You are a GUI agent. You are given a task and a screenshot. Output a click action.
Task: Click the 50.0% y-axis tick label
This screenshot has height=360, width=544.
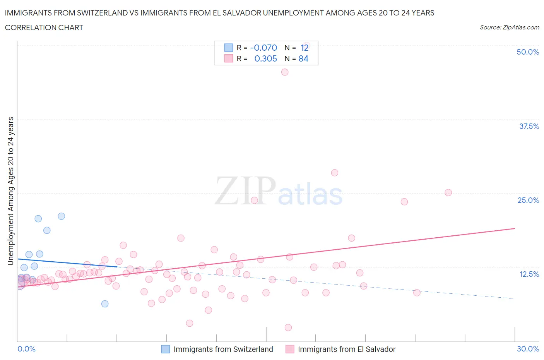point(528,52)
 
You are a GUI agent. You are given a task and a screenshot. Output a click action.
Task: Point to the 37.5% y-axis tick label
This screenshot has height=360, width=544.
point(529,126)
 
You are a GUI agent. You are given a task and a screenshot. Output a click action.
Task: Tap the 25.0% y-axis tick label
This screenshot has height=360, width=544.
point(528,200)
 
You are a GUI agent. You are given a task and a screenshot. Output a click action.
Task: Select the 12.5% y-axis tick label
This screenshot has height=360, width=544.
point(529,274)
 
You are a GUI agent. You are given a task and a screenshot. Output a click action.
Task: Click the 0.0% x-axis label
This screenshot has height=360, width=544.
point(26,349)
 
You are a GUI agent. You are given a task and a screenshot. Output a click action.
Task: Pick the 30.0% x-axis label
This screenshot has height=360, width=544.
point(528,349)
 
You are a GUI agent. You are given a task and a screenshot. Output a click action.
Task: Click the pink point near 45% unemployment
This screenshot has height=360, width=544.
point(285,72)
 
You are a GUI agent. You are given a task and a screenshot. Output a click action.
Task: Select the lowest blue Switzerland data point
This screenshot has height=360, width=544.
point(105,304)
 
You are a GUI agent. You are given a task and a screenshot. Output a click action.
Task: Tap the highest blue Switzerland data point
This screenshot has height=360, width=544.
point(61,216)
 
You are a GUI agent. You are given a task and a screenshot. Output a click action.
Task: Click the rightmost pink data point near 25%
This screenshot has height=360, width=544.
point(448,192)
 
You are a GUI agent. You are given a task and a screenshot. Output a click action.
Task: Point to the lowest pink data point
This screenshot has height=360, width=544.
point(288,327)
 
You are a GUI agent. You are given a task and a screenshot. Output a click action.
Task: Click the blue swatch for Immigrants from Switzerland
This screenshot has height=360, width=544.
point(166,349)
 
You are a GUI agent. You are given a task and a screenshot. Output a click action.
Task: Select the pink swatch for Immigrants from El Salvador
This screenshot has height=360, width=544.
point(290,349)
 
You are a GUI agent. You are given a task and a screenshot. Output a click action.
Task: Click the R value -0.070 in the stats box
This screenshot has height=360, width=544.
point(263,48)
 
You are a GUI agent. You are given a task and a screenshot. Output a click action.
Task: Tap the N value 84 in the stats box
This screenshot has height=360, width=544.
point(303,58)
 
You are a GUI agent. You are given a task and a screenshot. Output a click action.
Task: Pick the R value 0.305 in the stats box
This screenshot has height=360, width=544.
point(265,58)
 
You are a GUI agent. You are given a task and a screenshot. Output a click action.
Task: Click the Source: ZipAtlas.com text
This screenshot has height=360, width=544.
point(509,27)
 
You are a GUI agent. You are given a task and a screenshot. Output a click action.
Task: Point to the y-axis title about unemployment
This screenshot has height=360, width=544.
point(11,191)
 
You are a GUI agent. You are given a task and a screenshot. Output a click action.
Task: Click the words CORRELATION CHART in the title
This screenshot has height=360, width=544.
point(44,27)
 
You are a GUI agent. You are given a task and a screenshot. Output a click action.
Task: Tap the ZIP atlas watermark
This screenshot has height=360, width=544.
point(279,190)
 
